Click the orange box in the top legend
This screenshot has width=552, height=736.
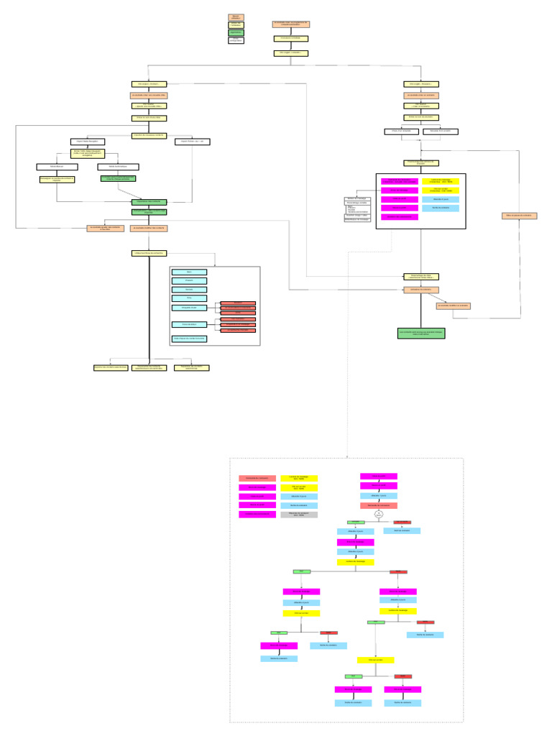pyautogui.click(x=236, y=17)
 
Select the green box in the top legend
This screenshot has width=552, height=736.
pyautogui.click(x=236, y=32)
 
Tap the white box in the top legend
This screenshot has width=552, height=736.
pyautogui.click(x=236, y=40)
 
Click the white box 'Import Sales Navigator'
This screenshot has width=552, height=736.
pyautogui.click(x=88, y=142)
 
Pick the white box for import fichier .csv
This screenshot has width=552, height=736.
pyautogui.click(x=192, y=142)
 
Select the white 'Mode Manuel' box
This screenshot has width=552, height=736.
pyautogui.click(x=57, y=167)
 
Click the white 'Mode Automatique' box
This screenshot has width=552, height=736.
pyautogui.click(x=118, y=167)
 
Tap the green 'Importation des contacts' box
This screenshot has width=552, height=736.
pyautogui.click(x=149, y=202)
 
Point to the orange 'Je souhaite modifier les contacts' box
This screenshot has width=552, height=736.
pyautogui.click(x=149, y=229)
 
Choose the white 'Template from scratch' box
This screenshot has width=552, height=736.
pyautogui.click(x=441, y=132)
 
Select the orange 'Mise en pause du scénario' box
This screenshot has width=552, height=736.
pyautogui.click(x=519, y=216)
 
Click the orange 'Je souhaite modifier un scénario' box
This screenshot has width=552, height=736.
pyautogui.click(x=454, y=306)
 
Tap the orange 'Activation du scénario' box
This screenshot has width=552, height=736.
pyautogui.click(x=421, y=290)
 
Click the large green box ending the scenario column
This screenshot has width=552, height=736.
pyautogui.click(x=421, y=333)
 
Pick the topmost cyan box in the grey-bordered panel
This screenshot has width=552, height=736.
pyautogui.click(x=189, y=272)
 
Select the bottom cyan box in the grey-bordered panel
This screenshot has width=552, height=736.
pyautogui.click(x=189, y=339)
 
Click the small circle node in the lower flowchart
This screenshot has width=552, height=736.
pyautogui.click(x=379, y=514)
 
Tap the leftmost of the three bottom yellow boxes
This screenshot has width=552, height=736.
pyautogui.click(x=111, y=368)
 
